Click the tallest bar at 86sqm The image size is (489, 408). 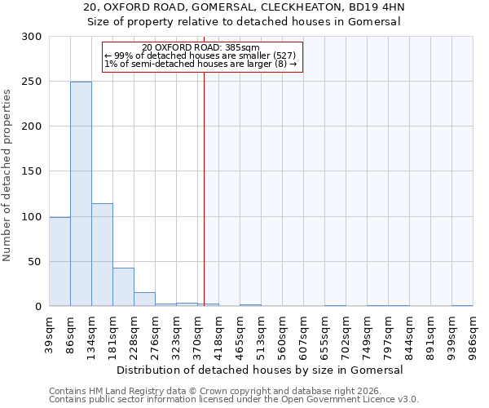pyautogui.click(x=81, y=194)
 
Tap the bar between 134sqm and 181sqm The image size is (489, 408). pyautogui.click(x=102, y=255)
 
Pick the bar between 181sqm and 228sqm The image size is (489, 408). pyautogui.click(x=123, y=286)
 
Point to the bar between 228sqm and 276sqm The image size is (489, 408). pyautogui.click(x=144, y=299)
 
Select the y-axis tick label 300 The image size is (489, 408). pyautogui.click(x=32, y=37)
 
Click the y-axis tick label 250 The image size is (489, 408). pyautogui.click(x=32, y=82)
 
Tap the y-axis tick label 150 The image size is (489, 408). pyautogui.click(x=32, y=171)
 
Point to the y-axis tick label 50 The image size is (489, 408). pyautogui.click(x=35, y=262)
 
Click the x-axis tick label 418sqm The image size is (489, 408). pyautogui.click(x=218, y=332)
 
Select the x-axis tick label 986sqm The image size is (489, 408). pyautogui.click(x=473, y=332)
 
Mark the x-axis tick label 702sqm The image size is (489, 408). pyautogui.click(x=346, y=332)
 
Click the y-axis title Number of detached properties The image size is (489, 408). pyautogui.click(x=7, y=171)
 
